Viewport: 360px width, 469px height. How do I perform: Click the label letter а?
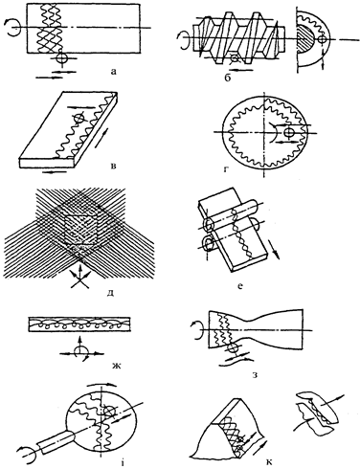(113, 72)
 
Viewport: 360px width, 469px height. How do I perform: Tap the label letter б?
(227, 78)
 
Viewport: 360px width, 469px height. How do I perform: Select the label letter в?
(113, 166)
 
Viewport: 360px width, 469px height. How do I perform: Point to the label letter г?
(226, 169)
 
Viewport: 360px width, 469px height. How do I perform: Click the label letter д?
(110, 292)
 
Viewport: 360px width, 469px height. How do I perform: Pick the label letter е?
(240, 286)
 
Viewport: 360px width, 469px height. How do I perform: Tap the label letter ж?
(113, 365)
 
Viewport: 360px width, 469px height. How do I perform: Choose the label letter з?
(255, 375)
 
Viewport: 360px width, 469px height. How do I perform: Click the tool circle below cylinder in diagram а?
(61, 58)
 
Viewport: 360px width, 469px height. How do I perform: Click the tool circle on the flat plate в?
(79, 119)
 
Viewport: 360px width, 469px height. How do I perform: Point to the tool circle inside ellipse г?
(289, 132)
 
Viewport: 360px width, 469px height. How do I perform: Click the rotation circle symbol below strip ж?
(79, 352)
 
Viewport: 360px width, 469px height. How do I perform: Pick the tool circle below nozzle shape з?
(235, 348)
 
